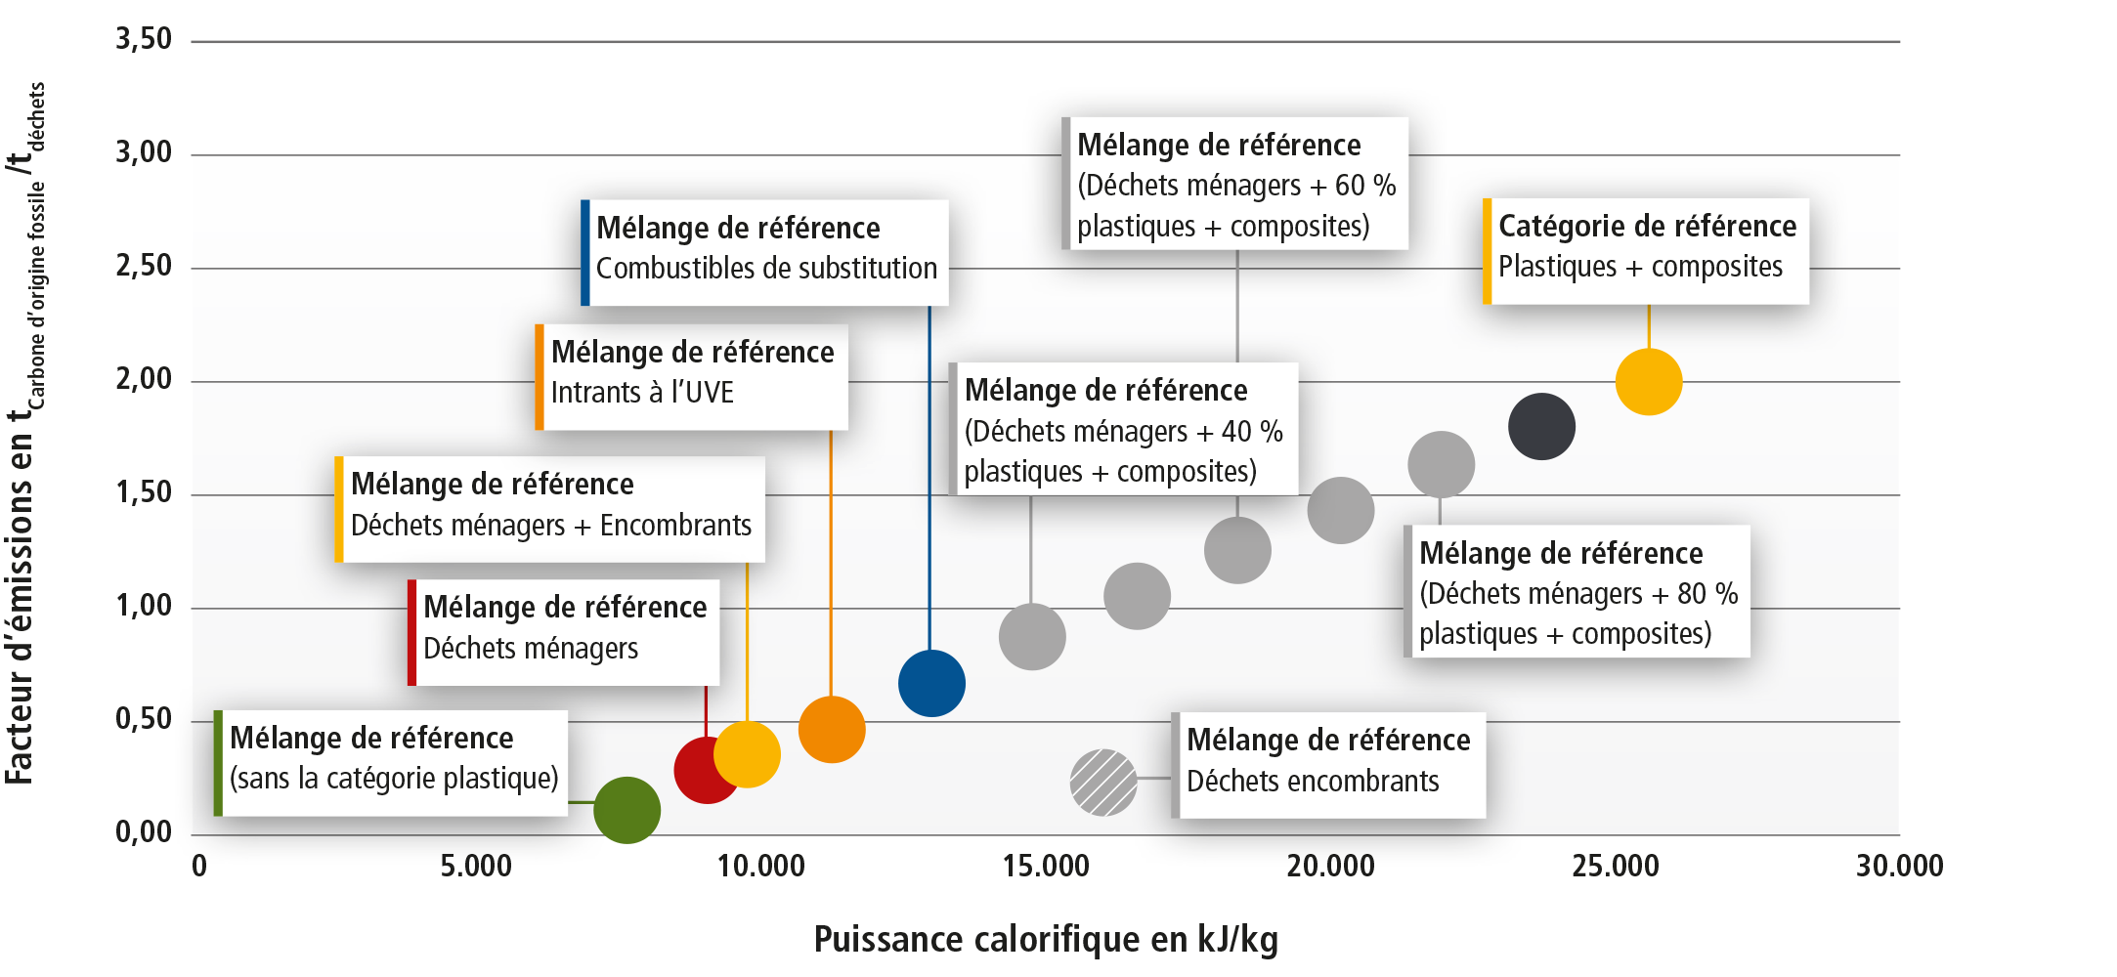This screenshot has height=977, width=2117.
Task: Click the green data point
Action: (627, 810)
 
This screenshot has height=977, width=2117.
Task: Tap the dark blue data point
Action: (931, 683)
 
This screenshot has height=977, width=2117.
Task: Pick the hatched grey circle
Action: (1103, 782)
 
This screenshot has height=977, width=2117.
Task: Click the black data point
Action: (1541, 426)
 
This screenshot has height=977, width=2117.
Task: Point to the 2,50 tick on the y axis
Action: (143, 266)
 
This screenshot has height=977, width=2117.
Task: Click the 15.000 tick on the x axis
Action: (1046, 866)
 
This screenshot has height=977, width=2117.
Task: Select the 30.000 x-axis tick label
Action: (1899, 866)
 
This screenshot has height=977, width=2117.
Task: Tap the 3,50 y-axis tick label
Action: (143, 39)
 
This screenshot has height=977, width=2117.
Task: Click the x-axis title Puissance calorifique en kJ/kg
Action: (1046, 939)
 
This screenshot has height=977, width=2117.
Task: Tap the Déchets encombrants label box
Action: (1328, 765)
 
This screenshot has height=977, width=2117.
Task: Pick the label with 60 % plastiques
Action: (1235, 184)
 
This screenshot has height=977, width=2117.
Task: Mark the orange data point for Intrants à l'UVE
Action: (832, 729)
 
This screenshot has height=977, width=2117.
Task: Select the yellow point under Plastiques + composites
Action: (1649, 382)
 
